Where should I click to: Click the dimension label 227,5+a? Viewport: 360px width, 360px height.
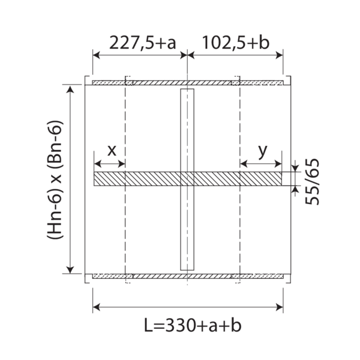click(143, 43)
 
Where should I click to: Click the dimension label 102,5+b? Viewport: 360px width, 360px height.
click(236, 43)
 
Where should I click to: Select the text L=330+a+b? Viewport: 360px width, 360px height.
click(193, 325)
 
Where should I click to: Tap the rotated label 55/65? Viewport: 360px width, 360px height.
click(312, 181)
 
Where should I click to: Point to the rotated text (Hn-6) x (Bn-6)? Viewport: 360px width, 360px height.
click(55, 179)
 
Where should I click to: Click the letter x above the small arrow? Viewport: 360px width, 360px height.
click(112, 151)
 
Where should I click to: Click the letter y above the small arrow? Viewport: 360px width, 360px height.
click(263, 152)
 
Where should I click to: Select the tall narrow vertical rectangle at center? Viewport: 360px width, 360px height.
click(187, 179)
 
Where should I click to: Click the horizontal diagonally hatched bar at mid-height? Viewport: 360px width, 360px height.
click(188, 179)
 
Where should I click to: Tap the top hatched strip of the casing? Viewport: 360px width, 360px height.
click(188, 83)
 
